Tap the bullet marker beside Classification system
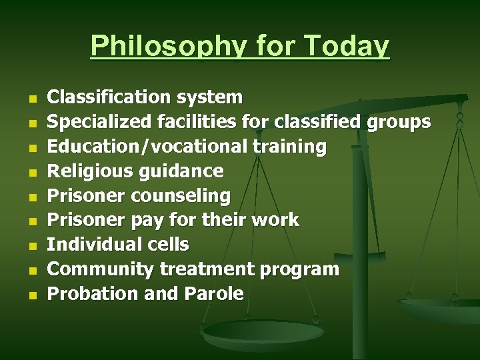click(31, 99)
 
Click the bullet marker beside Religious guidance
click(31, 173)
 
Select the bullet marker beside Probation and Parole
click(31, 295)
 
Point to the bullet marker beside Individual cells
click(31, 246)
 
